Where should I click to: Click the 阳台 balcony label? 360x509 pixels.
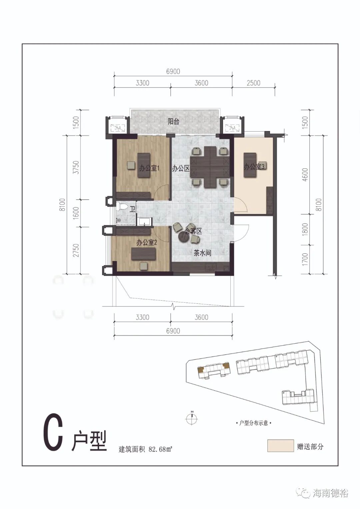173,122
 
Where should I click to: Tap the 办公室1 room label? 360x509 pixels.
149,168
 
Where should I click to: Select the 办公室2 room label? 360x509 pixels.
147,243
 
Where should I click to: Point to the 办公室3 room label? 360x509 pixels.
254,167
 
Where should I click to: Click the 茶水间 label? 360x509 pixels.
202,253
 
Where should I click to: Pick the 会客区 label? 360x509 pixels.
193,232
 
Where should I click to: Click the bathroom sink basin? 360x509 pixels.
144,221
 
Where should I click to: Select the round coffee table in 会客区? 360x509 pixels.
184,237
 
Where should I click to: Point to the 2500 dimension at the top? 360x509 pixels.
253,83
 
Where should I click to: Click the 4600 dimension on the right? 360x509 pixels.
306,175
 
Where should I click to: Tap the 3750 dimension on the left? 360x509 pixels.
77,167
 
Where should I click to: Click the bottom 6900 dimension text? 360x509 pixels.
173,331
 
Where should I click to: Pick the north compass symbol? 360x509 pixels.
192,418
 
